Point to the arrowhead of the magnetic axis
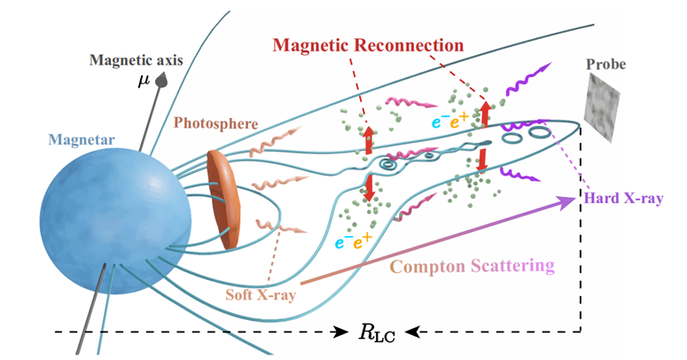[163, 80]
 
